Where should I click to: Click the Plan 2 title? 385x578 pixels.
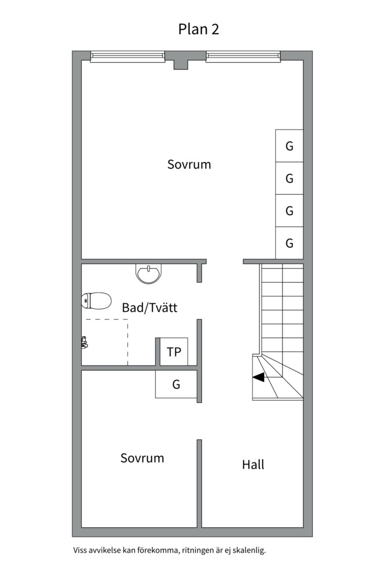pyautogui.click(x=198, y=29)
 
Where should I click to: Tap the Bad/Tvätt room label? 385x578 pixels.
pyautogui.click(x=150, y=307)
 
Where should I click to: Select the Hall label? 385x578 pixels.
pyautogui.click(x=253, y=465)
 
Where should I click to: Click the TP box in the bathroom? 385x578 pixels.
pyautogui.click(x=174, y=352)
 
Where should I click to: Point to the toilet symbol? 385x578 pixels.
pyautogui.click(x=96, y=300)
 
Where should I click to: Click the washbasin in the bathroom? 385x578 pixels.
pyautogui.click(x=149, y=274)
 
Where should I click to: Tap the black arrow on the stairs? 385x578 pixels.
pyautogui.click(x=259, y=377)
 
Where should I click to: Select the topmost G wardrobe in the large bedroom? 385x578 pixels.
pyautogui.click(x=289, y=146)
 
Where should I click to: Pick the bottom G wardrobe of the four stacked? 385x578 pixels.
pyautogui.click(x=289, y=243)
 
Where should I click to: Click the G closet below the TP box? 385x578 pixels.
pyautogui.click(x=176, y=384)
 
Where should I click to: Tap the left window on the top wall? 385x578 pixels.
pyautogui.click(x=127, y=56)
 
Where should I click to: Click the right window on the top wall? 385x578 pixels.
pyautogui.click(x=243, y=56)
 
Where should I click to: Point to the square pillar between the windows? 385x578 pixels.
pyautogui.click(x=181, y=65)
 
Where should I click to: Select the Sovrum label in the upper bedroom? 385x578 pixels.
pyautogui.click(x=189, y=164)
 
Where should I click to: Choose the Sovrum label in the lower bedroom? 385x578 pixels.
pyautogui.click(x=142, y=458)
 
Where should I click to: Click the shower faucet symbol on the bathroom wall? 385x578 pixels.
pyautogui.click(x=84, y=343)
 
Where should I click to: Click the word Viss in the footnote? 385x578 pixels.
pyautogui.click(x=79, y=551)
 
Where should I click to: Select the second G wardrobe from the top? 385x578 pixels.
pyautogui.click(x=289, y=178)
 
